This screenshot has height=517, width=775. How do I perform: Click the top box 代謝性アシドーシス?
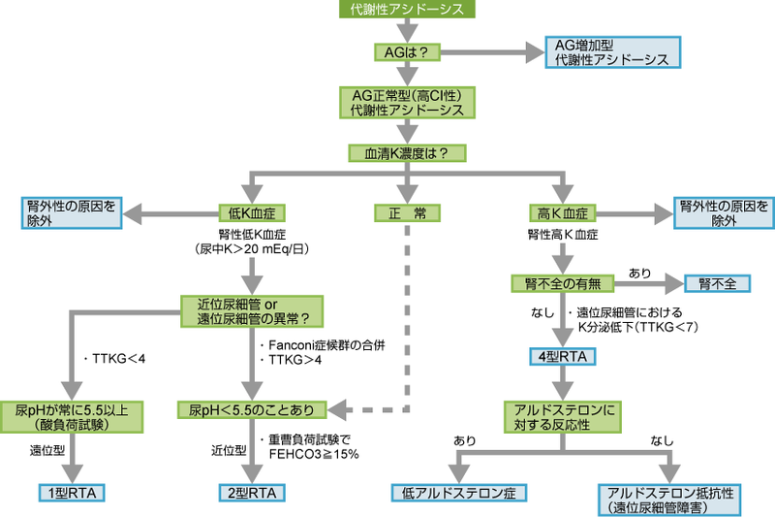click(x=407, y=10)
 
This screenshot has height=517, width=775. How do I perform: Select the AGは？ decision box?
click(x=407, y=51)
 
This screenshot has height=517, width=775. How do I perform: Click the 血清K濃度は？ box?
click(x=407, y=152)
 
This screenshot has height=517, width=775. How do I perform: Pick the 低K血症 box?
click(x=250, y=212)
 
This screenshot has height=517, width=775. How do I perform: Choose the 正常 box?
click(x=407, y=212)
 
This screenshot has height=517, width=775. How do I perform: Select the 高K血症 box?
click(x=562, y=212)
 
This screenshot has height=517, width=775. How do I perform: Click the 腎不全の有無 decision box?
click(x=562, y=284)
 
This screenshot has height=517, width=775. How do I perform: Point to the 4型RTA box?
click(x=562, y=356)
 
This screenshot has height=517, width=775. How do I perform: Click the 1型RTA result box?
click(x=72, y=493)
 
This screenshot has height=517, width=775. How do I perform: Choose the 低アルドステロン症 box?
click(x=458, y=493)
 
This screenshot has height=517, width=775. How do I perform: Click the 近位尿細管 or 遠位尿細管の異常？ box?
click(x=252, y=311)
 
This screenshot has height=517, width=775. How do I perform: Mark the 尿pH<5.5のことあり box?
click(x=252, y=408)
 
